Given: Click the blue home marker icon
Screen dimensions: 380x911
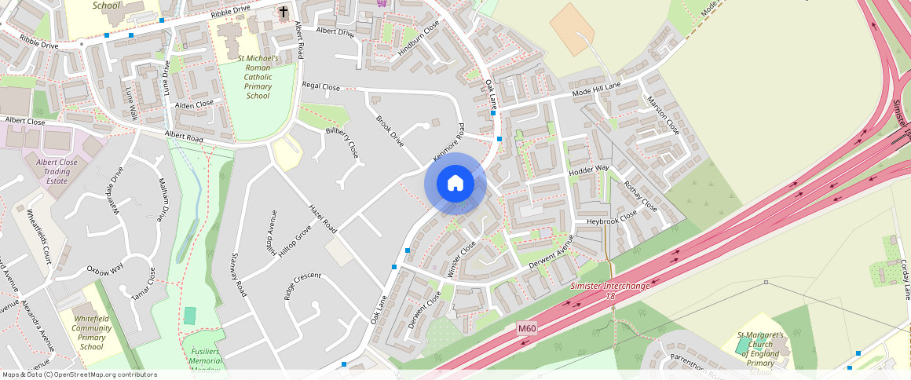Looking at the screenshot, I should click(x=455, y=184).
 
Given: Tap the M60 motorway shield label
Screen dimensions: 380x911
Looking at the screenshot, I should click(x=526, y=327).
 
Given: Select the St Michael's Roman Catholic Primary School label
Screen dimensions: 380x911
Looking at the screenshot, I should click(x=258, y=77).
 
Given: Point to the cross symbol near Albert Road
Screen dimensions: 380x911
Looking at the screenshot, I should click(x=283, y=13).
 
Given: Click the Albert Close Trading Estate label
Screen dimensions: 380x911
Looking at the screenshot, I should click(x=57, y=171).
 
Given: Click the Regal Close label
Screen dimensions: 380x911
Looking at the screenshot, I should click(x=321, y=87).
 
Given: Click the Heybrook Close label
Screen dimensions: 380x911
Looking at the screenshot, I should click(x=612, y=221).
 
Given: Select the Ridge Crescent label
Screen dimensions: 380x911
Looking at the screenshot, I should click(x=302, y=287).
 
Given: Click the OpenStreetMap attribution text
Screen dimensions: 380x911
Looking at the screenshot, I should click(x=80, y=375).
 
